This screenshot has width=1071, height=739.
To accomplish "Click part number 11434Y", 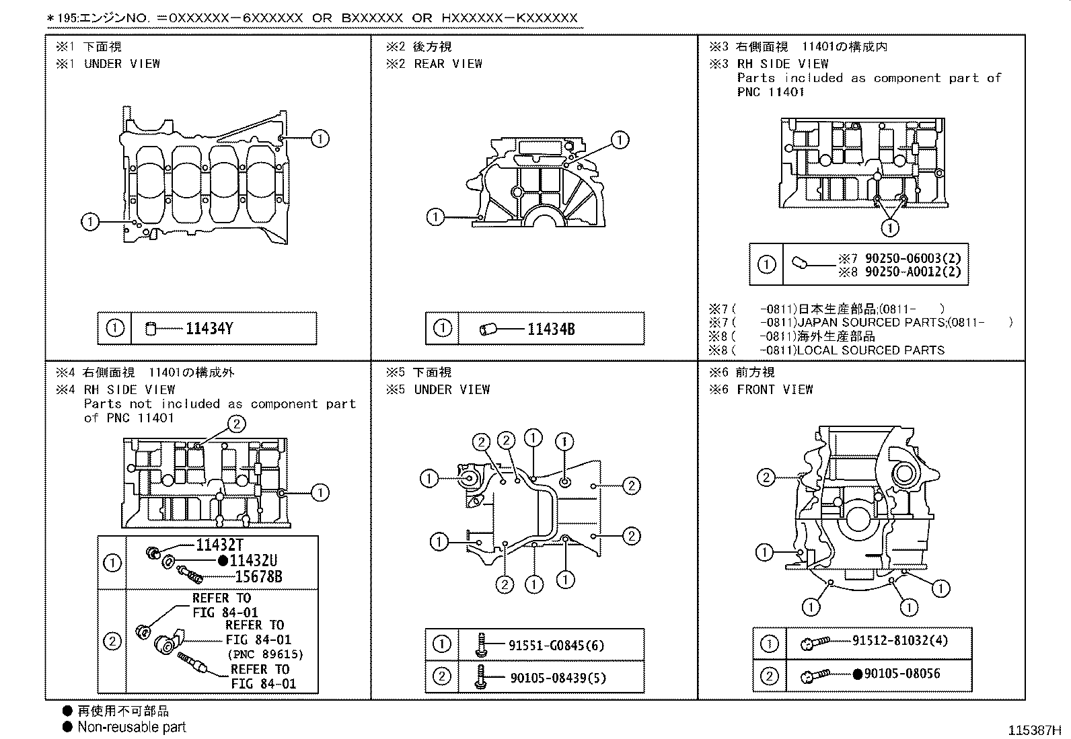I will [x=209, y=329].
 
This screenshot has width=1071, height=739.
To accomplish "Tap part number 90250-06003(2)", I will [x=913, y=258].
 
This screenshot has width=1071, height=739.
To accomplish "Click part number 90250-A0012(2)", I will [x=913, y=272].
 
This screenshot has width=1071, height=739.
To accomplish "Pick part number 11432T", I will [x=219, y=545].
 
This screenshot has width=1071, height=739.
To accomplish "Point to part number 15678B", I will [x=258, y=576].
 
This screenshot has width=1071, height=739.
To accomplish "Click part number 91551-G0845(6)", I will [x=556, y=646].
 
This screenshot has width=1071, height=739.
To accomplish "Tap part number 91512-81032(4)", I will [x=899, y=640].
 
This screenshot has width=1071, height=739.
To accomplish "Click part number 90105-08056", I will [x=901, y=673].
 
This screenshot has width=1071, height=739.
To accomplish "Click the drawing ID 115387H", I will [x=1034, y=730].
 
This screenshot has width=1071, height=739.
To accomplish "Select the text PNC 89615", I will [x=265, y=654].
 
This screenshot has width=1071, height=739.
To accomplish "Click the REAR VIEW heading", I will [x=448, y=64].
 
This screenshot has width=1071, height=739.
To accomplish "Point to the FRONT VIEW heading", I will [x=774, y=389].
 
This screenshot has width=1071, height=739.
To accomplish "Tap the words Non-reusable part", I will [x=131, y=727].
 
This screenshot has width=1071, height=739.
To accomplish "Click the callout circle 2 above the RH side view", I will [x=236, y=424].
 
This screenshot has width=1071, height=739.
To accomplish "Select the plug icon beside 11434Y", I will [x=151, y=329].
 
